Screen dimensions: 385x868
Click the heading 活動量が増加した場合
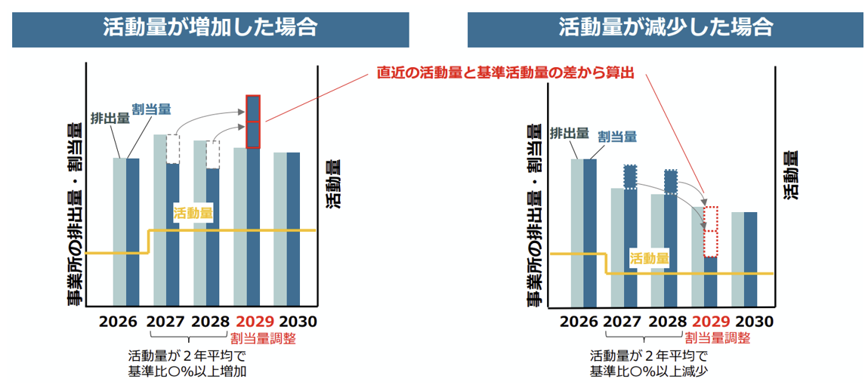[x=210, y=29]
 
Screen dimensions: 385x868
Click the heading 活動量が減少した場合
[x=666, y=29]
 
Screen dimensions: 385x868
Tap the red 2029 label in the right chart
[x=711, y=322]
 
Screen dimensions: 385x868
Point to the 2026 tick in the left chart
[x=119, y=322]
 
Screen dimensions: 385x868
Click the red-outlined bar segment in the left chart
[x=254, y=121]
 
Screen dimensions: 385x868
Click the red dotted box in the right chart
[x=710, y=231]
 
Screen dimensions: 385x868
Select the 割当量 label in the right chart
[x=616, y=137]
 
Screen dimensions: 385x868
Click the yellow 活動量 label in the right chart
[x=649, y=258]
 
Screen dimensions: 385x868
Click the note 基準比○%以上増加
[x=187, y=371]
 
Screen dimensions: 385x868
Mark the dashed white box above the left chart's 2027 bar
[x=173, y=149]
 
